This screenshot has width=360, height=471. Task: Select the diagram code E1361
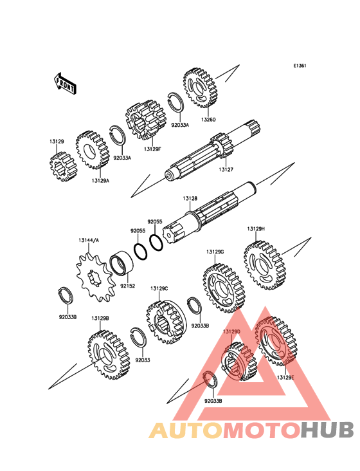pos(300,66)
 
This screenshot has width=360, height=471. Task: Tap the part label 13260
pos(208,120)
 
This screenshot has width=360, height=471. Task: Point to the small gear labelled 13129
pos(62,167)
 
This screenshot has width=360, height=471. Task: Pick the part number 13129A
pos(100,181)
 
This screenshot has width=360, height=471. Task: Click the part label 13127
pos(226,169)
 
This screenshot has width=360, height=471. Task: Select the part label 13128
pos(190,199)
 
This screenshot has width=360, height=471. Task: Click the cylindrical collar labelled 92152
pos(122,262)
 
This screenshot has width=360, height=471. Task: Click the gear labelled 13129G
pos(224,288)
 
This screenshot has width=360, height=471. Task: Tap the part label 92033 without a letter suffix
pos(143,360)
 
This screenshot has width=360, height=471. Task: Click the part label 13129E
pos(285,378)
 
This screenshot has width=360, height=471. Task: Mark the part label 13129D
pos(231,331)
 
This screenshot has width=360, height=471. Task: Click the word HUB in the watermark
pos(327,430)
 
